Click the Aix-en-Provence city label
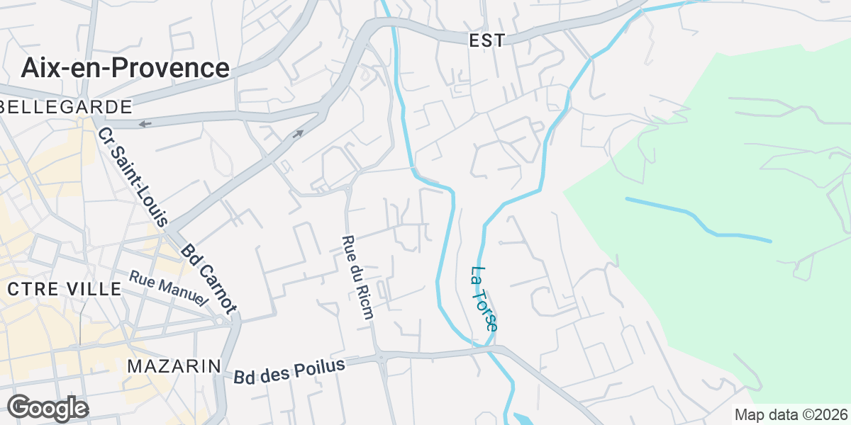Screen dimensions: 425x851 [125, 68]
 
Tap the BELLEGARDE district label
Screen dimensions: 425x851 [67, 107]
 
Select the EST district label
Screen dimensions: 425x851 [487, 41]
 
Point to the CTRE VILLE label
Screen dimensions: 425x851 [65, 289]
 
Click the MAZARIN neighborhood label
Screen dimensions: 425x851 [174, 366]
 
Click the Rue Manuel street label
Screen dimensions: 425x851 [169, 288]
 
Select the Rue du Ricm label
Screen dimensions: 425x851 [357, 277]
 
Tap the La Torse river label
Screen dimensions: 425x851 [484, 298]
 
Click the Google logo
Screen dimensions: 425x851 [48, 409]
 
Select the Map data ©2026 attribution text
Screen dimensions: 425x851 [791, 414]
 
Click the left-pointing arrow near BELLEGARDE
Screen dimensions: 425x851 [145, 125]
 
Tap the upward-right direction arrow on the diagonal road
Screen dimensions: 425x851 [299, 133]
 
